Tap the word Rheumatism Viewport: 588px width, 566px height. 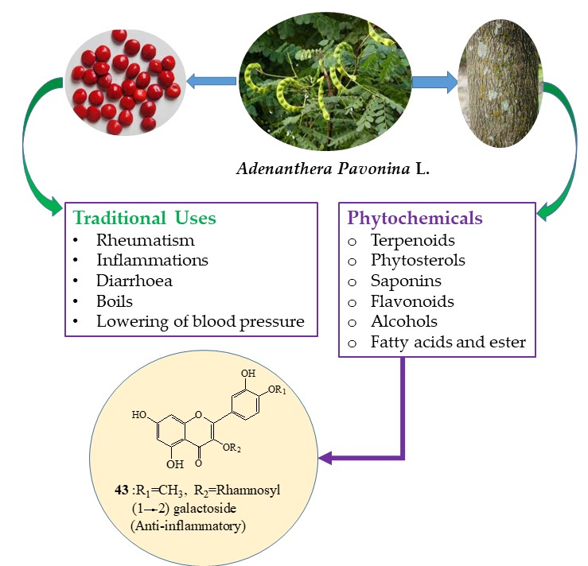[146, 239]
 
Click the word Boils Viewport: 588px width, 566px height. [115, 301]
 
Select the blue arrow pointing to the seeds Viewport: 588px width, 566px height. [210, 79]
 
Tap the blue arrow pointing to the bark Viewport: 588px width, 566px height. [434, 79]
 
